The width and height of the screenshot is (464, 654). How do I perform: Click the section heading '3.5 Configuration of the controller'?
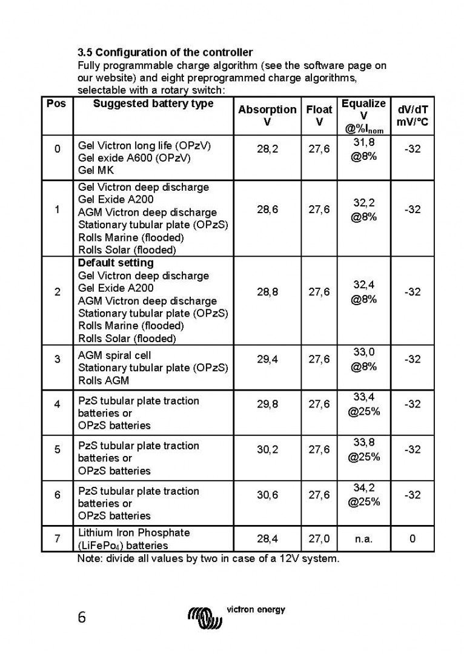tap(165, 53)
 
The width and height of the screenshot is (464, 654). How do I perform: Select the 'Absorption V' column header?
tap(267, 116)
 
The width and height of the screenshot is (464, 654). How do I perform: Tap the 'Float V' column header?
tap(319, 116)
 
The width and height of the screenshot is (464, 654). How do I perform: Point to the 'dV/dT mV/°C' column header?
tap(413, 116)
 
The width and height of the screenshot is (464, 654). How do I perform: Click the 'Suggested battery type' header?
tap(153, 104)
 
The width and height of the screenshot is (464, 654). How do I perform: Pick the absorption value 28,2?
tap(267, 149)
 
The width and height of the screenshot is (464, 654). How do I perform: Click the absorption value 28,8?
tap(267, 292)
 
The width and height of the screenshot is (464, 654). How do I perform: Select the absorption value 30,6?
tap(267, 495)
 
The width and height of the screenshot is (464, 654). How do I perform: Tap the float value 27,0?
tap(319, 538)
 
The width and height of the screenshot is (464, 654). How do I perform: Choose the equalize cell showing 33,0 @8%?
tap(363, 359)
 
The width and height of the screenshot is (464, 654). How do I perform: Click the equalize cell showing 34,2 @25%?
tap(363, 495)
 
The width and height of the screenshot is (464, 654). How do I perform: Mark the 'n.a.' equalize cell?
tap(363, 538)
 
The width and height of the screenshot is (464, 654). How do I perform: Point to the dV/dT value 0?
tap(413, 538)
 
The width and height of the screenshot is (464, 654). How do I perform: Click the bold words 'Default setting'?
tap(116, 263)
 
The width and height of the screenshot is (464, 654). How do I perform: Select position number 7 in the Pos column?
tap(57, 538)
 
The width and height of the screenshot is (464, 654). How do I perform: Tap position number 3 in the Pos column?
tap(57, 359)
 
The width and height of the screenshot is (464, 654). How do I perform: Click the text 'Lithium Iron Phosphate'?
tap(134, 533)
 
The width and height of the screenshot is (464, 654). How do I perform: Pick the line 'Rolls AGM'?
tap(104, 381)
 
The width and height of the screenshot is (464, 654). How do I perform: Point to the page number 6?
tap(82, 618)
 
